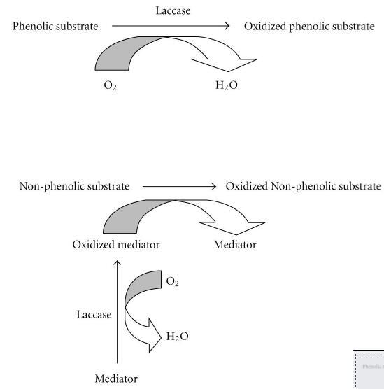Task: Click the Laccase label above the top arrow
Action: pos(172,10)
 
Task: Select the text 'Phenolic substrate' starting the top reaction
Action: pos(55,26)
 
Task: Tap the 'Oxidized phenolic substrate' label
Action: pos(309,26)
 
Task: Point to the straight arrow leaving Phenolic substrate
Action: pos(171,27)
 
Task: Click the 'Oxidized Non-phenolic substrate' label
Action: pos(304,186)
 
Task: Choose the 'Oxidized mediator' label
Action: pos(116,245)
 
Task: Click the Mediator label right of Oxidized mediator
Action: pos(234,245)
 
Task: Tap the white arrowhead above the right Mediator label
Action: pos(234,228)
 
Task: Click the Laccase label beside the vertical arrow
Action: pos(94,315)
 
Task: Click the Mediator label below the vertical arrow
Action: pos(116,379)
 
